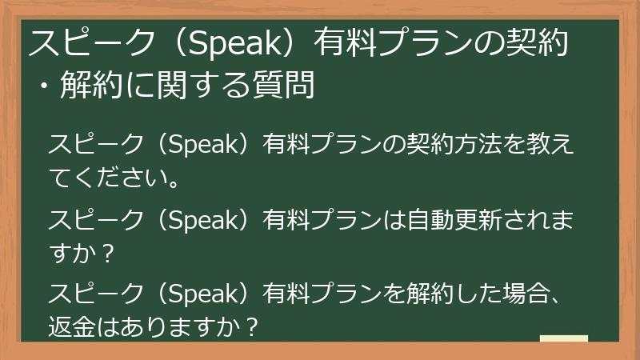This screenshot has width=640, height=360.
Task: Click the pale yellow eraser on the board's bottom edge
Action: [563, 338]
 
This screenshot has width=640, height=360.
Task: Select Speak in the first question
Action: [202, 146]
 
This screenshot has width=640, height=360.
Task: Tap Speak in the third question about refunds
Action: [202, 293]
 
